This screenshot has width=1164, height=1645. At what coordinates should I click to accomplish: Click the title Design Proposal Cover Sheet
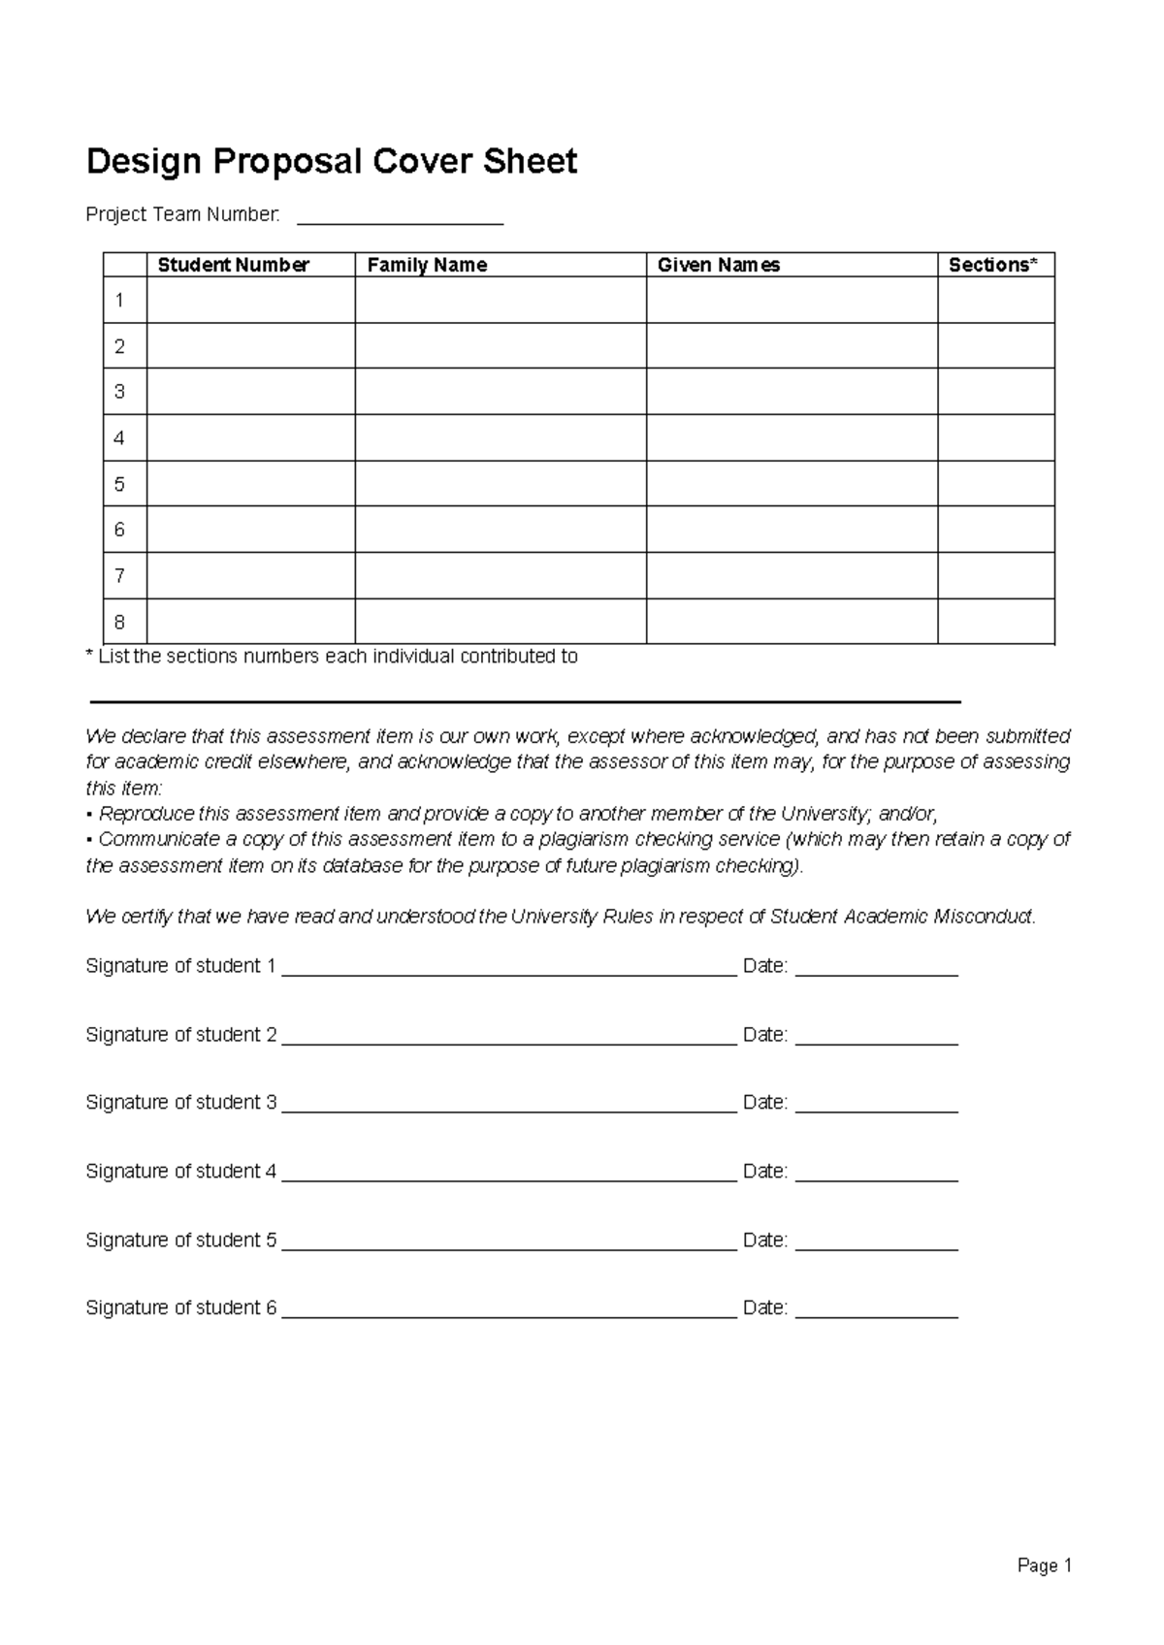pos(331,161)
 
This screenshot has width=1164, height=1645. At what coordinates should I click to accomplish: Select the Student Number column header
pos(233,265)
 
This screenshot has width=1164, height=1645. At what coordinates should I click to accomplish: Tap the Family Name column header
pos(427,265)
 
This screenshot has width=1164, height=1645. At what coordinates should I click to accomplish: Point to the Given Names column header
pos(718,265)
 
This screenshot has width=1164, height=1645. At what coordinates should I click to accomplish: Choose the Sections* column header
pos(992,265)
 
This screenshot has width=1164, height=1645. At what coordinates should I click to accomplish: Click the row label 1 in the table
pos(119,301)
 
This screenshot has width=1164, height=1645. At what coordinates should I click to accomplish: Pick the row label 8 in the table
pos(119,622)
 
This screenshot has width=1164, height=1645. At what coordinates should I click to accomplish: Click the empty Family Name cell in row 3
pos(501,392)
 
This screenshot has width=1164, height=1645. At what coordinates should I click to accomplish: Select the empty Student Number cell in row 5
pos(250,484)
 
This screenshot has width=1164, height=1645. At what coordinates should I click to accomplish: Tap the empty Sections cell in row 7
pos(995,576)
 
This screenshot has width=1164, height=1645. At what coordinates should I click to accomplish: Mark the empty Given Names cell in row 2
pos(792,346)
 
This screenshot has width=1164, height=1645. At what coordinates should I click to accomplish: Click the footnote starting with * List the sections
pos(332,657)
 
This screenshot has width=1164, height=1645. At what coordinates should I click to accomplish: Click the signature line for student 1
pos(509,968)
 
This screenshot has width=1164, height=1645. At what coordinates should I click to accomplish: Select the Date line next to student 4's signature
pos(876,1174)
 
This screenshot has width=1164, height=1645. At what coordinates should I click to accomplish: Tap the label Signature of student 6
pos(180,1308)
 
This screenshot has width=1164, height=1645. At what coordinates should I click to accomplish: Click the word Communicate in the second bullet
pos(158,840)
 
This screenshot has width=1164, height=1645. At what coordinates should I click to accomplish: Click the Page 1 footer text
pos(1044,1565)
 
